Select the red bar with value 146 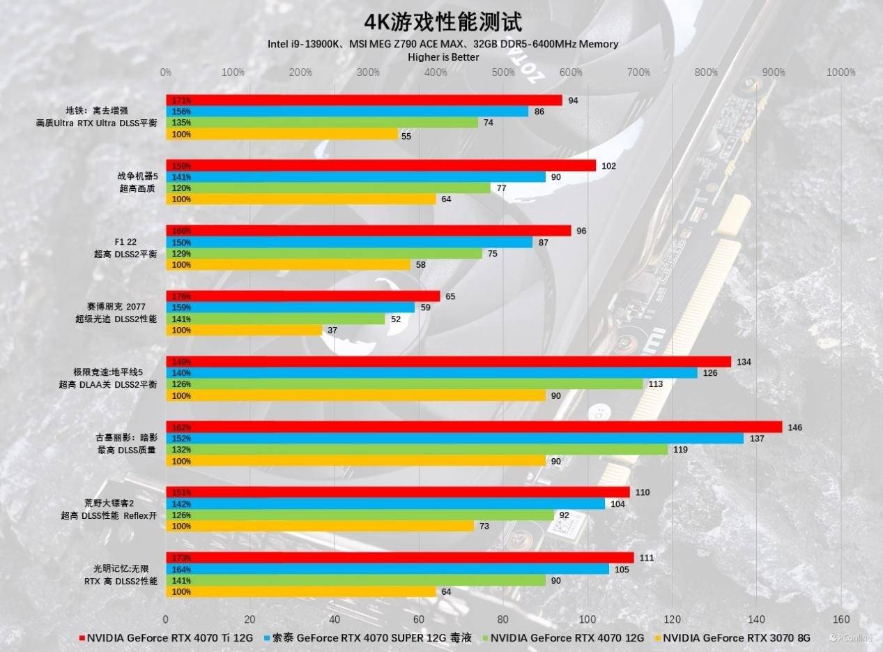[474, 427]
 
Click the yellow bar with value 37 [244, 330]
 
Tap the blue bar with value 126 [431, 373]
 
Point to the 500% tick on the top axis [503, 73]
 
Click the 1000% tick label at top [840, 73]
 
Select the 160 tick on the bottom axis [840, 619]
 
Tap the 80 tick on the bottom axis [503, 619]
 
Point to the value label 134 [744, 362]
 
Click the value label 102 [608, 166]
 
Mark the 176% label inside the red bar [181, 296]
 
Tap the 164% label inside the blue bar [181, 570]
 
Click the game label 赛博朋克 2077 [117, 307]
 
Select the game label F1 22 [126, 242]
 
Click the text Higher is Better [443, 57]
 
